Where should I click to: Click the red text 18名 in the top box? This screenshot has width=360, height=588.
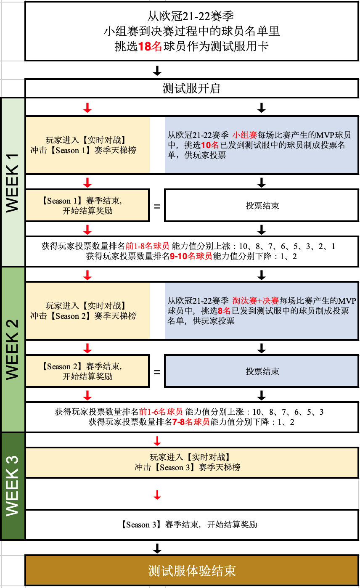click(150, 46)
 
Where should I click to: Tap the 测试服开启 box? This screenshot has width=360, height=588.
click(192, 88)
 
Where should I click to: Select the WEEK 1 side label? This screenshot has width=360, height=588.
click(13, 183)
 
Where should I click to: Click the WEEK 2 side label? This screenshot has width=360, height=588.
click(13, 350)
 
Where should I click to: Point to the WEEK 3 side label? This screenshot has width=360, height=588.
click(13, 486)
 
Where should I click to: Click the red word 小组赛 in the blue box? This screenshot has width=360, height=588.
click(244, 135)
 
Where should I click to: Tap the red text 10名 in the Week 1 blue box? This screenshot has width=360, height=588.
click(210, 145)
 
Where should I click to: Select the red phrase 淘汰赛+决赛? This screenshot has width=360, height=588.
click(255, 301)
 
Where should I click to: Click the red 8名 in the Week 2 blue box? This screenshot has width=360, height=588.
click(224, 311)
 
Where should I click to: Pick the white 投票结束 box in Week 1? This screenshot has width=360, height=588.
click(262, 206)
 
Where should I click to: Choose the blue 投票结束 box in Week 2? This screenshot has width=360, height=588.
click(262, 371)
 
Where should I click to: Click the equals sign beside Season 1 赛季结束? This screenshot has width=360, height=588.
click(157, 207)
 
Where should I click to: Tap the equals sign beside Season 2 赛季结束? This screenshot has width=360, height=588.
click(157, 372)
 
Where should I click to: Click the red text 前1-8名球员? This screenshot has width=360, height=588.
click(147, 246)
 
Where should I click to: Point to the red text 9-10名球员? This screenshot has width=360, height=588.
click(191, 256)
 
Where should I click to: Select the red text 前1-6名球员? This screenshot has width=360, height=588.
click(161, 412)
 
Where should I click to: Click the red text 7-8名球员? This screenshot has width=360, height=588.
click(191, 422)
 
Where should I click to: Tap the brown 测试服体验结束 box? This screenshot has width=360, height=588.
click(192, 571)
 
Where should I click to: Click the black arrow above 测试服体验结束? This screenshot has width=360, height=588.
click(157, 548)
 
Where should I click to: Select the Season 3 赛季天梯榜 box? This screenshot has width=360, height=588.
click(192, 462)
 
